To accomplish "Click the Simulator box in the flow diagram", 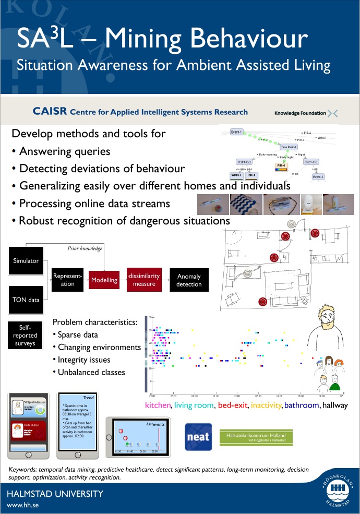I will pyautogui.click(x=26, y=260).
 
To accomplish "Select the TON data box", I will pyautogui.click(x=26, y=300).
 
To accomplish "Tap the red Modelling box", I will pyautogui.click(x=104, y=280).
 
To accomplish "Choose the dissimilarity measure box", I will pyautogui.click(x=143, y=279).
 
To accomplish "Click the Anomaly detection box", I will pyautogui.click(x=189, y=280).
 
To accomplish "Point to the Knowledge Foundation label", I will pyautogui.click(x=300, y=113).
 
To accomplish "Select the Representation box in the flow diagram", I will pyautogui.click(x=67, y=280).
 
